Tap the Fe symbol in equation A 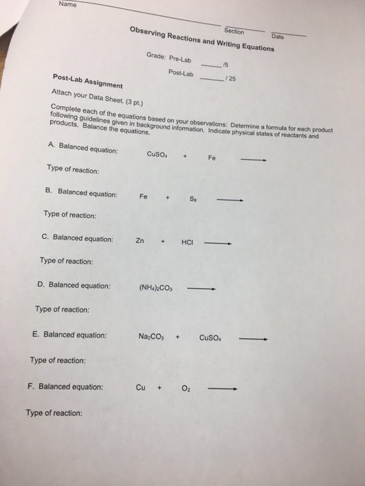click(211, 158)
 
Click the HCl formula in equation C click(187, 242)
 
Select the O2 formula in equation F click(187, 388)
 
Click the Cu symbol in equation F click(139, 387)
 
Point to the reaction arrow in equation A click(254, 160)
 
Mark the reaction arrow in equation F click(226, 389)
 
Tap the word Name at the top click(67, 4)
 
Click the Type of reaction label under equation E click(58, 360)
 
